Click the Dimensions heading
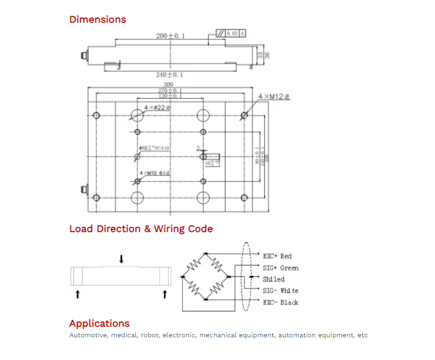point(97,19)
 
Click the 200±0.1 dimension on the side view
point(170,35)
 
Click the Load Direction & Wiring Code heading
point(141,229)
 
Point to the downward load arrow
point(121,259)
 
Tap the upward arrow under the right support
point(164,293)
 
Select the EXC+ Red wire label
point(277,256)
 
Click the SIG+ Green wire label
point(280,268)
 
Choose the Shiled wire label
point(274,279)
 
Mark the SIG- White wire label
point(280,291)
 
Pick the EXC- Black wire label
point(280,303)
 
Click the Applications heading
point(99,323)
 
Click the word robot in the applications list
point(149,335)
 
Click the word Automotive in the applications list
point(88,335)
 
